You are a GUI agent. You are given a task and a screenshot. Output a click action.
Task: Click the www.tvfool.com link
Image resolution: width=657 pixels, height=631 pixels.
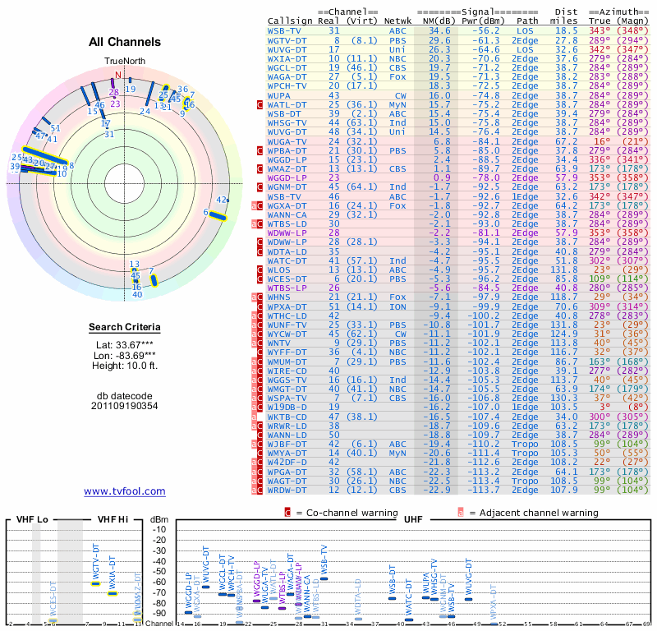point(124,491)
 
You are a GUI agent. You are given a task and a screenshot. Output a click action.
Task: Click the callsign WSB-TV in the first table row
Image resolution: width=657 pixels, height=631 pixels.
point(284,30)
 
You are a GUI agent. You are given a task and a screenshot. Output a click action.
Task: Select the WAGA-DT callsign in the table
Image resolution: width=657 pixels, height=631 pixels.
point(287,76)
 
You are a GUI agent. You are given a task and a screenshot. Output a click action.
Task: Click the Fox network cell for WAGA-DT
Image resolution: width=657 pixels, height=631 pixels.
point(397,76)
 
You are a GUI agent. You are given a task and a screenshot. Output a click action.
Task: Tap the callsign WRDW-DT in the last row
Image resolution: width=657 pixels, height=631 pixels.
point(287,490)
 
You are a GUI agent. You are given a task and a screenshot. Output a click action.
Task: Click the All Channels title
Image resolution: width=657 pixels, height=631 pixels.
point(124,42)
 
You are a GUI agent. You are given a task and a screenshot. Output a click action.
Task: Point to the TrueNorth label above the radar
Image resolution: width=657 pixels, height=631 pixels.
point(124,62)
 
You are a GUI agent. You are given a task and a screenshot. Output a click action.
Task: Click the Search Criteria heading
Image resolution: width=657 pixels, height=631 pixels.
point(124,328)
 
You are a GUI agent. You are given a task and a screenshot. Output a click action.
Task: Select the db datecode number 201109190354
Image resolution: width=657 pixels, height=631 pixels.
point(124,406)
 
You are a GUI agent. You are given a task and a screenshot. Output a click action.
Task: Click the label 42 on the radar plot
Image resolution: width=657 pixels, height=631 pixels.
point(220,200)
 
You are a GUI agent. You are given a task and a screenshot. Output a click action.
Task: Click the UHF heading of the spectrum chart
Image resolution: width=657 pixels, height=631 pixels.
point(412,520)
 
